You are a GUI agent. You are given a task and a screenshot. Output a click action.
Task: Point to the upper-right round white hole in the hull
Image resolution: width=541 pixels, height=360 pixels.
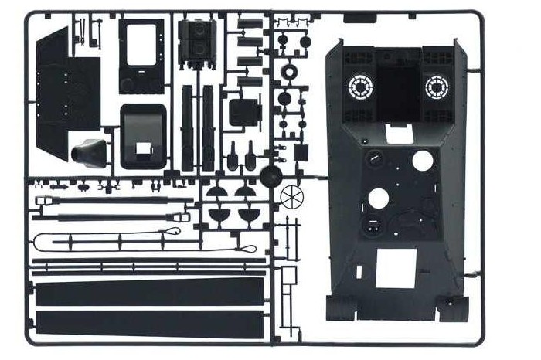pyautogui.click(x=422, y=161)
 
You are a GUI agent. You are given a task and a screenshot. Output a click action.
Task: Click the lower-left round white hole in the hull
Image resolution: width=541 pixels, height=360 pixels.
pyautogui.click(x=378, y=199)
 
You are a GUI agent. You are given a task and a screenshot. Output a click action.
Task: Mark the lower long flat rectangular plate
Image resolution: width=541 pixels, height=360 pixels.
pyautogui.click(x=148, y=324)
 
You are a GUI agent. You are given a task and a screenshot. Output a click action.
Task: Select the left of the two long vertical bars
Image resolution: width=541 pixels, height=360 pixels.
pyautogui.click(x=188, y=127)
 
